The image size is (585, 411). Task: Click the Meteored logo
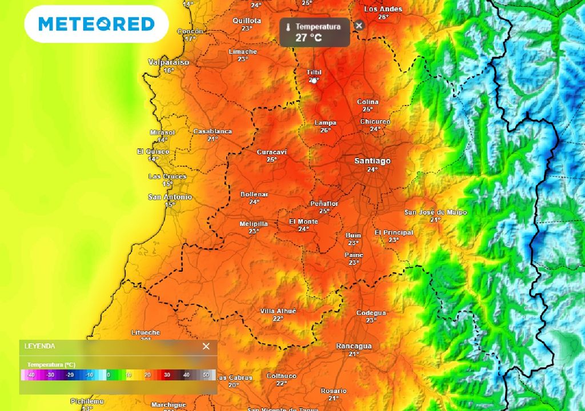pyautogui.click(x=96, y=24)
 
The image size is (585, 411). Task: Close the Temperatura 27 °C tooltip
pyautogui.click(x=359, y=25)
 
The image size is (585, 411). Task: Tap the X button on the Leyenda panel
pyautogui.click(x=206, y=346)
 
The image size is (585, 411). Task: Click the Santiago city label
pyautogui.click(x=372, y=161)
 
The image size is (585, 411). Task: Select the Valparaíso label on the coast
pyautogui.click(x=169, y=62)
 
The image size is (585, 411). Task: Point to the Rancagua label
pyautogui.click(x=354, y=346)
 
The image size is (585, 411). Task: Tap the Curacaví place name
pyautogui.click(x=272, y=152)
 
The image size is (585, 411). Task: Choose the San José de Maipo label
pyautogui.click(x=435, y=212)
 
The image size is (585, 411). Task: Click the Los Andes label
pyautogui.click(x=383, y=9)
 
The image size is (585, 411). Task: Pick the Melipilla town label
pyautogui.click(x=254, y=224)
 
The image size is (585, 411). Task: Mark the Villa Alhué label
pyautogui.click(x=278, y=311)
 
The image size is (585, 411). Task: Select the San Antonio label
pyautogui.click(x=170, y=197)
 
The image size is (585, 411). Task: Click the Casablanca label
pyautogui.click(x=213, y=131)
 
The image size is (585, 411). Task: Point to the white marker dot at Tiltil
pyautogui.click(x=314, y=80)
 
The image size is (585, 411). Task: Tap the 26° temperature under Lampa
pyautogui.click(x=325, y=130)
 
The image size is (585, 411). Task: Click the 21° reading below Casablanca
pyautogui.click(x=213, y=139)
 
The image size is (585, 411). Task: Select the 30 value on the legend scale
pyautogui.click(x=167, y=375)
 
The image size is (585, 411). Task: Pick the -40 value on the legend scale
pyautogui.click(x=31, y=375)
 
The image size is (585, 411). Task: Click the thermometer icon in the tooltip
pyautogui.click(x=289, y=27)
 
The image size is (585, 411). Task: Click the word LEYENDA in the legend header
pyautogui.click(x=39, y=346)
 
